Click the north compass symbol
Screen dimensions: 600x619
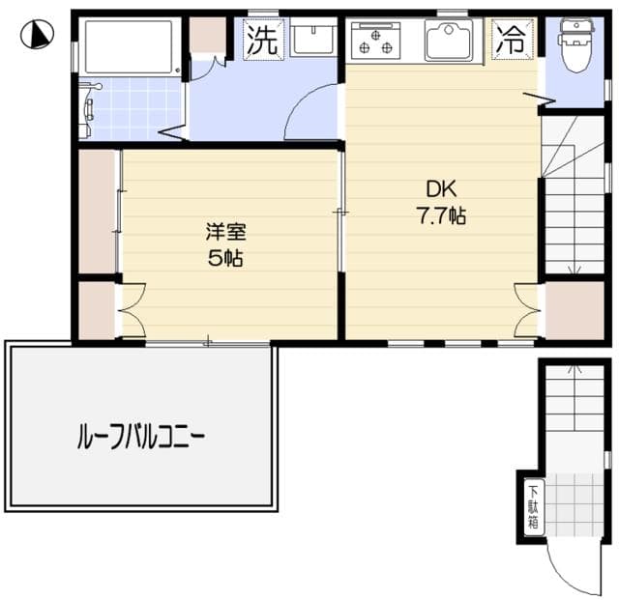coord(36,36)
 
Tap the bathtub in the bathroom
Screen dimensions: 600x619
coord(128,45)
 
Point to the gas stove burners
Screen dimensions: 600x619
coord(375,41)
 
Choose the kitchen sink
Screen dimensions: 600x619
coord(446,42)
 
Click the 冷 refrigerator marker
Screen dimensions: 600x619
coord(509,40)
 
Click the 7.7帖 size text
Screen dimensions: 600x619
coord(442,216)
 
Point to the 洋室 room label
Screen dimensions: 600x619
coord(225,232)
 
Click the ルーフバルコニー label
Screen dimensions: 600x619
coord(140,438)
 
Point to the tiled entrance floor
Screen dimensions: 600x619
coord(573,502)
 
